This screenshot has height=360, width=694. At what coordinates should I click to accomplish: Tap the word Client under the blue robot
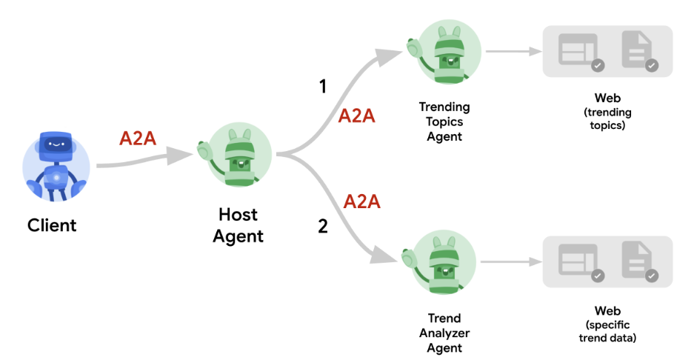[x=52, y=224]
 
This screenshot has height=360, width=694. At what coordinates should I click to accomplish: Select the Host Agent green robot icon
[x=237, y=156]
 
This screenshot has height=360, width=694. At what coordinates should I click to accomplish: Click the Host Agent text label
[x=238, y=225]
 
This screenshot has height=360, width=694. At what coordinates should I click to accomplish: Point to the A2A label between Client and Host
[x=138, y=139]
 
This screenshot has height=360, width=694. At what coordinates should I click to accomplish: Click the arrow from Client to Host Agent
[x=141, y=156]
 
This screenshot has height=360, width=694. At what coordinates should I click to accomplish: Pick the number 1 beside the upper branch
[x=322, y=87]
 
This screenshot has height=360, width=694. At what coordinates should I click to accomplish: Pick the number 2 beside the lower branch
[x=322, y=227]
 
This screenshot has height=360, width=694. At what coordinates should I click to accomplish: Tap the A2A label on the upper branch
[x=358, y=116]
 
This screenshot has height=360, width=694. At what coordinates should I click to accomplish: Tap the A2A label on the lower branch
[x=362, y=201]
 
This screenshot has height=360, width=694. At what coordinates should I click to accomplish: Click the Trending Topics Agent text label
[x=444, y=121]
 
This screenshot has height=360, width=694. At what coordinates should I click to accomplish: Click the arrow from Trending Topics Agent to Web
[x=511, y=52]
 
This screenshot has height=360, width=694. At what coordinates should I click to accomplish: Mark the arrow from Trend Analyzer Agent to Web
[x=511, y=263]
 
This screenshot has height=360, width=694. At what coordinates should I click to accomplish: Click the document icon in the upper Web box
[x=638, y=50]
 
